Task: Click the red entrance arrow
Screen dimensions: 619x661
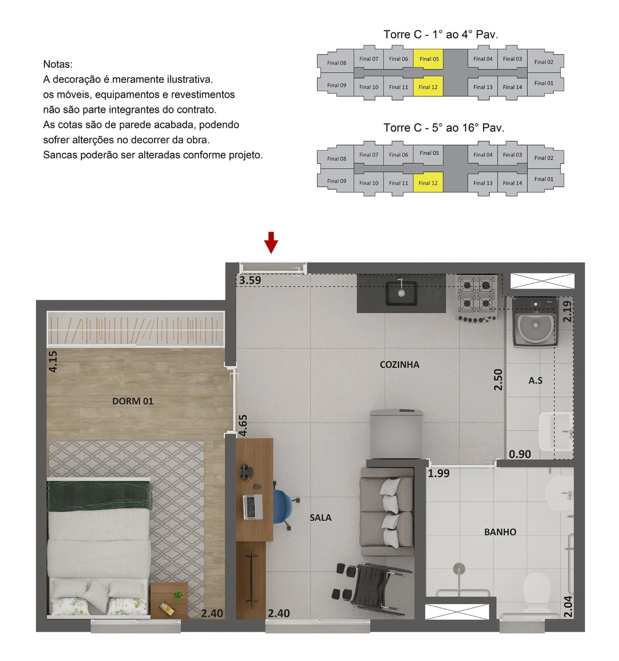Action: [271, 243]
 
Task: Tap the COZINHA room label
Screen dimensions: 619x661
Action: [399, 365]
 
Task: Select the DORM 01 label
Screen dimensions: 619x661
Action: [133, 401]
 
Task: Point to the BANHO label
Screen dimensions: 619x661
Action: [500, 532]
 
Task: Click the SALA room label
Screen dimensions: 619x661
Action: [320, 518]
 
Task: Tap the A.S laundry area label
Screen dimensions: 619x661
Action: [535, 380]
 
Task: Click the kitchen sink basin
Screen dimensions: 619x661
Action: [401, 293]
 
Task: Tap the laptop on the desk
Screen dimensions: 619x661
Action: [253, 506]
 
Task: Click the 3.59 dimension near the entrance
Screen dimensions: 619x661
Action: [250, 280]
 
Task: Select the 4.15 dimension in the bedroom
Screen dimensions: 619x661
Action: [53, 361]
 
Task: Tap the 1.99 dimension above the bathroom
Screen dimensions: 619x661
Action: [439, 473]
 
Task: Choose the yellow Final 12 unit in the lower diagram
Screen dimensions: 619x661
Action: [428, 183]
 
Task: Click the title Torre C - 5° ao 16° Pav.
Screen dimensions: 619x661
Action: [444, 128]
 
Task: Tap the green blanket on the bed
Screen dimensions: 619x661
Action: [100, 496]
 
